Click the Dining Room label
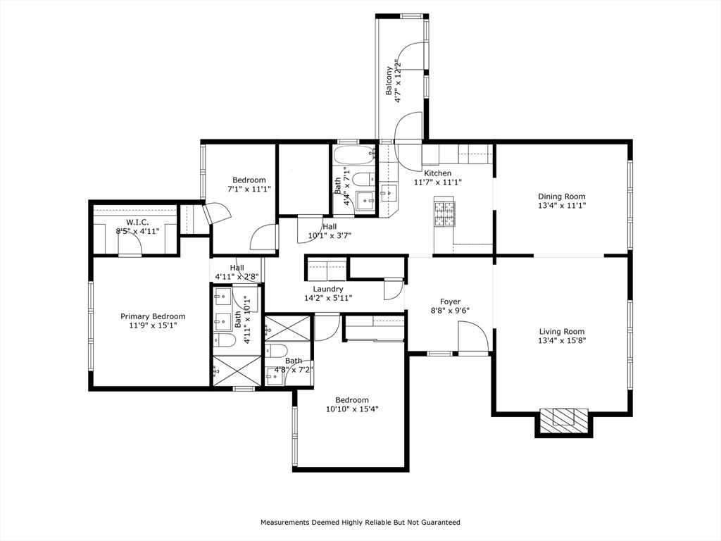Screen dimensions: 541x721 (561, 197)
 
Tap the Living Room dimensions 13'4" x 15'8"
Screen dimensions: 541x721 (562, 340)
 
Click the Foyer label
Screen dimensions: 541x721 (450, 301)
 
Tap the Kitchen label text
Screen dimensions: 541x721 (437, 173)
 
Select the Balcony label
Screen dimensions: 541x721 (389, 81)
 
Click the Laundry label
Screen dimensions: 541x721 (328, 289)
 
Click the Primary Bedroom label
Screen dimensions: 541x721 (153, 316)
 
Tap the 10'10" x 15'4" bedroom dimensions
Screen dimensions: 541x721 (352, 409)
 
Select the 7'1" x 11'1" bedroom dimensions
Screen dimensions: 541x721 (249, 189)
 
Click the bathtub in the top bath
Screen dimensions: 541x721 (354, 155)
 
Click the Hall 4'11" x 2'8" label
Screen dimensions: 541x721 (237, 272)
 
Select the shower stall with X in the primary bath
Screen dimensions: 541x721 (237, 371)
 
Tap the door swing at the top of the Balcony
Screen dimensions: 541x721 (413, 56)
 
